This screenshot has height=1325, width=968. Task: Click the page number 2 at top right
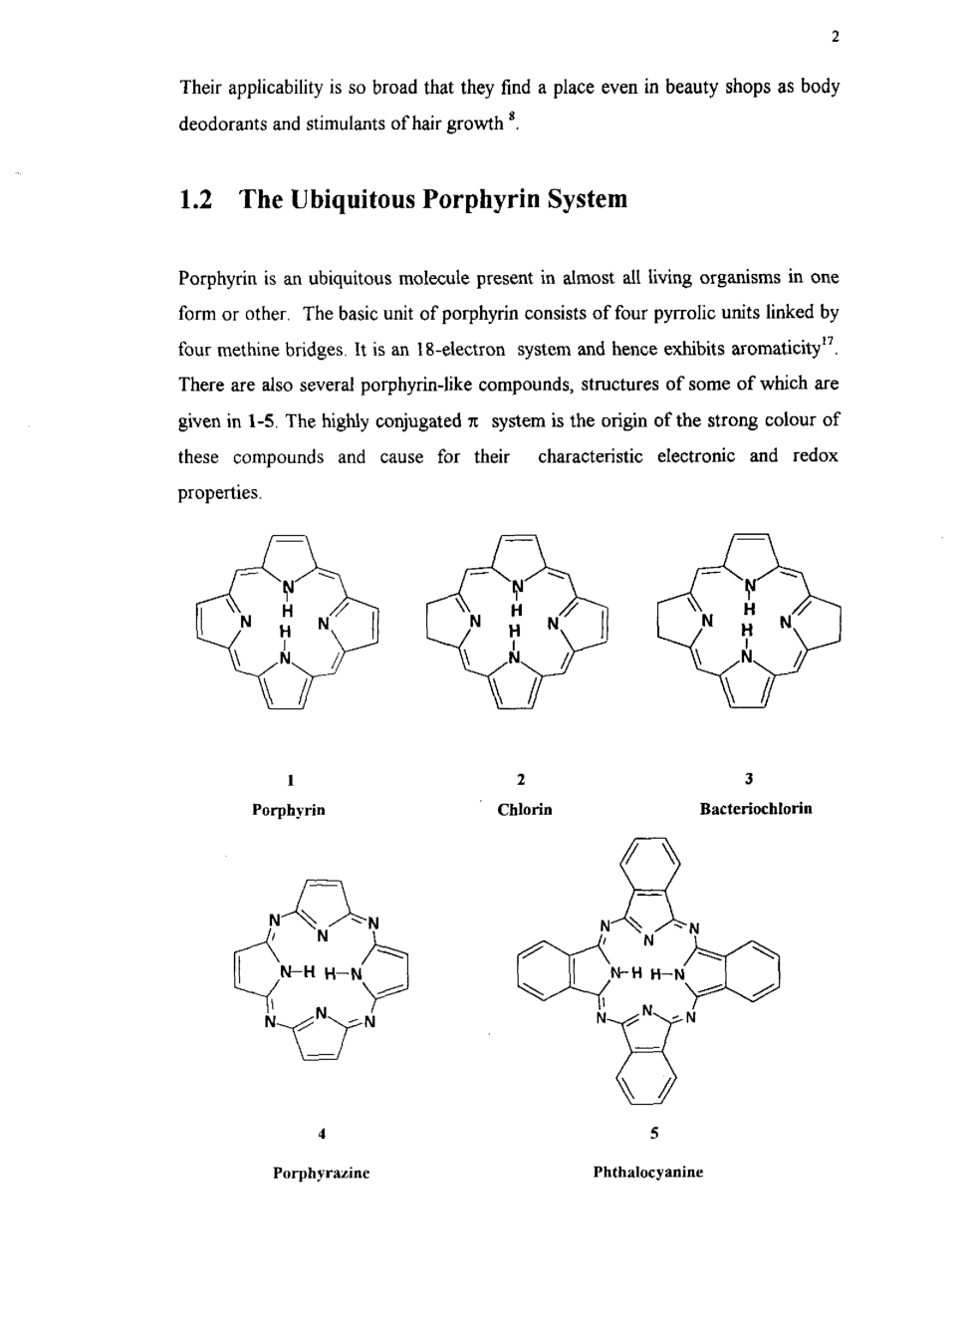[x=835, y=38]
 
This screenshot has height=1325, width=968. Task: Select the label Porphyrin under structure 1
[x=289, y=810]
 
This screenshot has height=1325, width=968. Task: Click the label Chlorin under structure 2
[x=525, y=810]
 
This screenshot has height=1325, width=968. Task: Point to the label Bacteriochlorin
[x=756, y=808]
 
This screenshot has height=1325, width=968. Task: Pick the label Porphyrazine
[x=322, y=1174]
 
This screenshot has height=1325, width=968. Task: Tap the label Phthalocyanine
[x=648, y=1173]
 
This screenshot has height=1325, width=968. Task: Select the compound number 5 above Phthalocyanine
[x=653, y=1133]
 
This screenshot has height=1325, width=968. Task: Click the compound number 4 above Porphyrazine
[x=321, y=1133]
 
